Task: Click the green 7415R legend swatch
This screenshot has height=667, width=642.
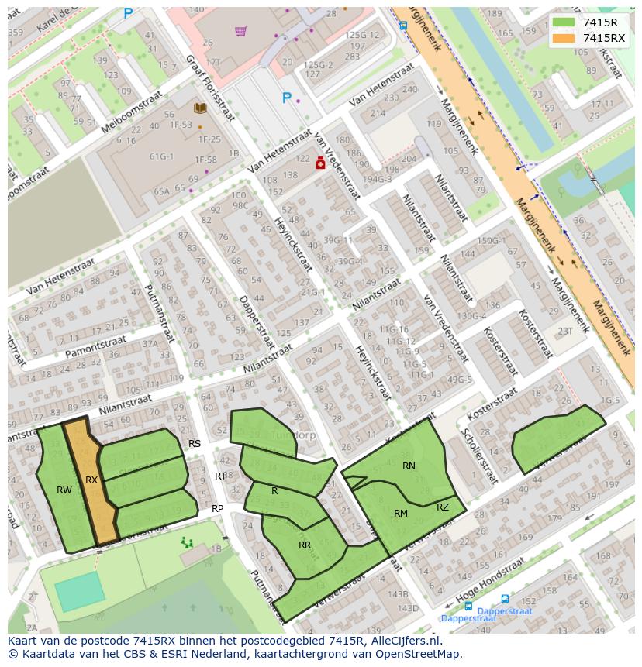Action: click(x=564, y=22)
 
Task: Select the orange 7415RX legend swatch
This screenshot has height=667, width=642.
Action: click(x=564, y=38)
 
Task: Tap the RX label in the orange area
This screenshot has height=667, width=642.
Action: click(x=91, y=480)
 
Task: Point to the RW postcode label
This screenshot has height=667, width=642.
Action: click(x=64, y=490)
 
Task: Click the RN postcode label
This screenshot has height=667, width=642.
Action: click(x=409, y=466)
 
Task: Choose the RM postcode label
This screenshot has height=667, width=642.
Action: click(x=401, y=514)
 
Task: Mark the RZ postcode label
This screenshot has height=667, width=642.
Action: click(x=443, y=507)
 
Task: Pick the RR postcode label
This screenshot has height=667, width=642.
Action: click(x=305, y=545)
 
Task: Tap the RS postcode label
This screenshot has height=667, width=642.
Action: click(x=195, y=444)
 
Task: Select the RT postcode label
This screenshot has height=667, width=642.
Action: click(x=221, y=476)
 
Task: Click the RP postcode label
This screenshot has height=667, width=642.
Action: click(x=218, y=509)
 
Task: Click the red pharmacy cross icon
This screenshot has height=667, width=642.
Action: click(x=319, y=163)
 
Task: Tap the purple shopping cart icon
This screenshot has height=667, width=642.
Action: click(x=240, y=31)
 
